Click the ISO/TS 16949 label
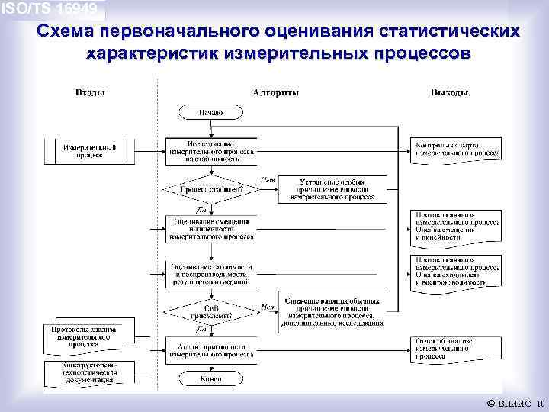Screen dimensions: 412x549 pyautogui.click(x=50, y=9)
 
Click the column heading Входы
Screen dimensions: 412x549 pyautogui.click(x=90, y=92)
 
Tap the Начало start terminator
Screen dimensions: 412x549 pyautogui.click(x=210, y=113)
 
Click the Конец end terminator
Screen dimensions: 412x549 pyautogui.click(x=210, y=379)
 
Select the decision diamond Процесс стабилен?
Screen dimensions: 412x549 pyautogui.click(x=210, y=188)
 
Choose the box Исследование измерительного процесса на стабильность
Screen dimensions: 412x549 pyautogui.click(x=210, y=150)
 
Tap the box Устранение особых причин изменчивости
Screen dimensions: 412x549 pyautogui.click(x=332, y=188)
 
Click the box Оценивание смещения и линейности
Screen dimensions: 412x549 pyautogui.click(x=210, y=229)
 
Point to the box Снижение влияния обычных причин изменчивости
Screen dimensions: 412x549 pyautogui.click(x=330, y=311)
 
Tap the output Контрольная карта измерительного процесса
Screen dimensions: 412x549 pyautogui.click(x=457, y=149)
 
